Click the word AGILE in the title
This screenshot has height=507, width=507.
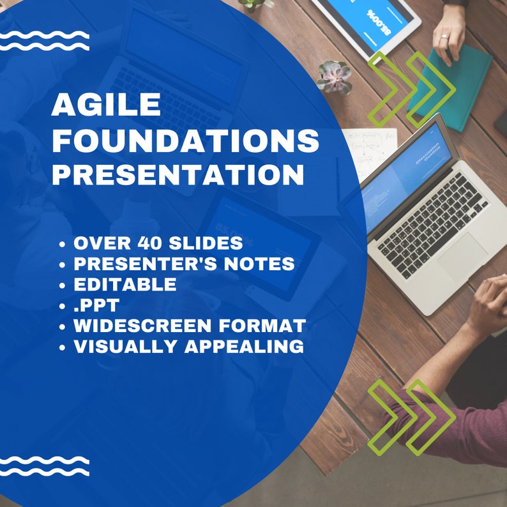pyautogui.click(x=106, y=105)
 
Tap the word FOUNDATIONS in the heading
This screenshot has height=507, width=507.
pyautogui.click(x=185, y=140)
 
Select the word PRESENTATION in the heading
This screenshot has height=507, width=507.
pyautogui.click(x=178, y=175)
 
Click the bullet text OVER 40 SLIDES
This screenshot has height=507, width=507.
pyautogui.click(x=158, y=243)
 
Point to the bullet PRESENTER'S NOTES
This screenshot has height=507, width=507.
pyautogui.click(x=184, y=264)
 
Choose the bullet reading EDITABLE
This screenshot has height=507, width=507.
pyautogui.click(x=125, y=284)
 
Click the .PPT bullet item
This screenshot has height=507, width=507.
pyautogui.click(x=96, y=305)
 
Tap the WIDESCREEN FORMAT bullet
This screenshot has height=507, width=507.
pyautogui.click(x=189, y=326)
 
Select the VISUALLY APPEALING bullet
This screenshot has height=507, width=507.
pyautogui.click(x=188, y=346)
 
